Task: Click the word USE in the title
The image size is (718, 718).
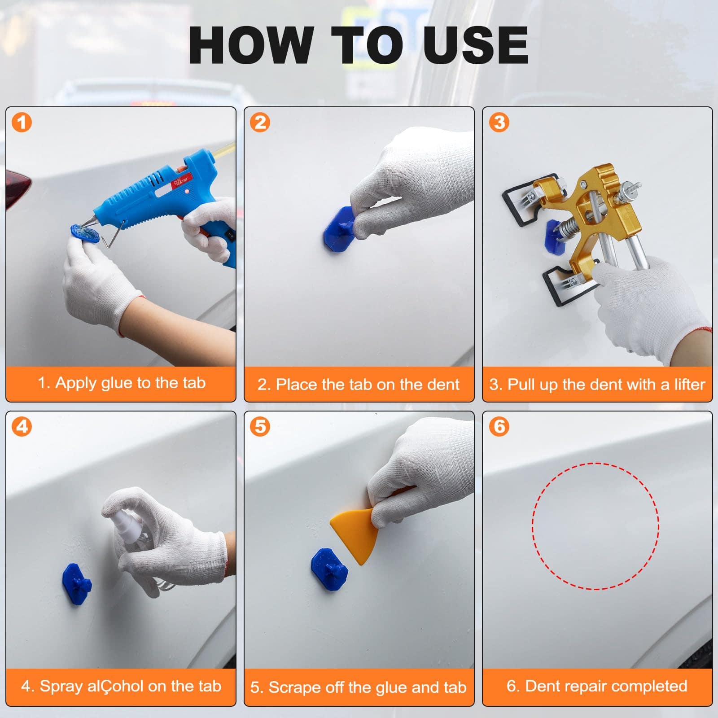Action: click(475, 45)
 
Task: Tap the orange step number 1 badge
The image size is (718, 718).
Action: click(22, 122)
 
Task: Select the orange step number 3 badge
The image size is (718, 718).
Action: click(499, 122)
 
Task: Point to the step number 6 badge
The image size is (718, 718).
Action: click(499, 426)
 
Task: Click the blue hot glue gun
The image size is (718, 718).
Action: click(166, 202)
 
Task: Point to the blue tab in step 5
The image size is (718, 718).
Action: click(330, 569)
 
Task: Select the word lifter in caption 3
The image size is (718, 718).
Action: click(689, 384)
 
